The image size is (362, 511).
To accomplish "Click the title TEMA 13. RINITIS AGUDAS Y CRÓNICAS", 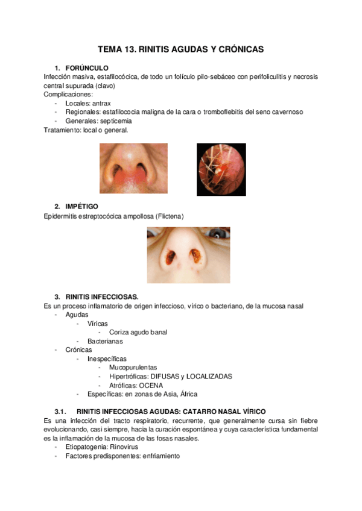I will tap(181, 49).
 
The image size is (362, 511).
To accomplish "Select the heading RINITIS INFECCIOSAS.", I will tap(102, 296).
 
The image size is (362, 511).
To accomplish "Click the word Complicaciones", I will tap(68, 94).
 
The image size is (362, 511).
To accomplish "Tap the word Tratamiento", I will tap(63, 130).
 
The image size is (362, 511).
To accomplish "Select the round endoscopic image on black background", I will tap(221, 169).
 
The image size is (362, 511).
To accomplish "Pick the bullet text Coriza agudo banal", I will tap(138, 332).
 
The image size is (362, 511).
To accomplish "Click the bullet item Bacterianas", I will tap(105, 341).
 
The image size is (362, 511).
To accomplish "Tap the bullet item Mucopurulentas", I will tap(133, 367).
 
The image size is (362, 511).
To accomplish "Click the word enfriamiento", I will tap(161, 456).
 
